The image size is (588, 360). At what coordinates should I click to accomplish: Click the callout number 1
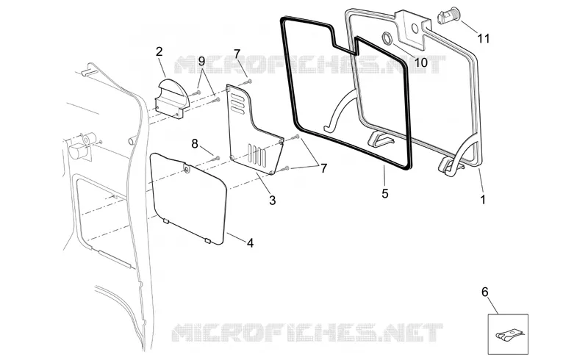pos(483,200)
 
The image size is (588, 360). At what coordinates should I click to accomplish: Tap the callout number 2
pos(159,51)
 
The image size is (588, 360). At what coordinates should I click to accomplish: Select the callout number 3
pos(273,201)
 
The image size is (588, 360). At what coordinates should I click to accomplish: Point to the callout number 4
pos(250,243)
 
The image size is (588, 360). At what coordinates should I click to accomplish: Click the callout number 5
pos(385,193)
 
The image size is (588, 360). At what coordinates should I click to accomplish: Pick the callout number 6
pos(485,292)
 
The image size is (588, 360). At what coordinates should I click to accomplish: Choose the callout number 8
pos(195,143)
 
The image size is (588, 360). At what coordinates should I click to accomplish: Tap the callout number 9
pos(201,61)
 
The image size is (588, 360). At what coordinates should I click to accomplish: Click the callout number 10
pos(421,62)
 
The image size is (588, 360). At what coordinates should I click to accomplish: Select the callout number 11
pos(484,38)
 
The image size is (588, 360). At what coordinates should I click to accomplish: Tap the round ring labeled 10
pos(387,37)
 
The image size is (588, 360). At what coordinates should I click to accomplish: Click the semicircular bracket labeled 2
pos(171,98)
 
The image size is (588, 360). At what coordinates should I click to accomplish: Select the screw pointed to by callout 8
pos(215,158)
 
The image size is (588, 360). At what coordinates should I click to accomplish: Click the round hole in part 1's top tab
pos(415,28)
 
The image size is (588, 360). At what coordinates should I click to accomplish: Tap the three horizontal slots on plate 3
pos(238,103)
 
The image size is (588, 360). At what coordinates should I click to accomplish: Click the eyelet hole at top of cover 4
pos(187,170)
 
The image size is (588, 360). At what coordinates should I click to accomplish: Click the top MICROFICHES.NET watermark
pos(310,65)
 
